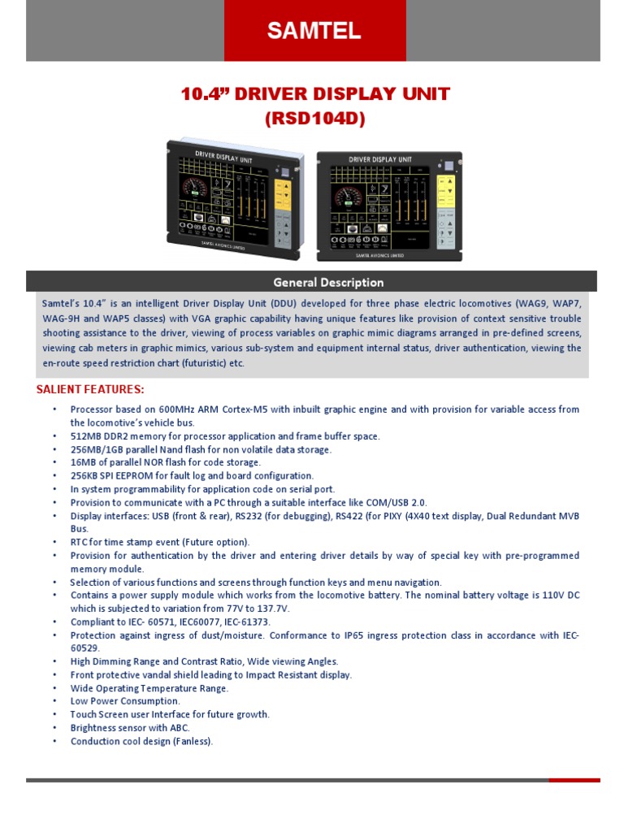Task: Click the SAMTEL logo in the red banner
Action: tap(314, 32)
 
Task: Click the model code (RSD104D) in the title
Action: tap(314, 119)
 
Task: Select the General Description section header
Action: tap(328, 283)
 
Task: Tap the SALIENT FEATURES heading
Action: tap(90, 390)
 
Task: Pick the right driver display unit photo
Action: tap(389, 206)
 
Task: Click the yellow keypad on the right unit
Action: tap(445, 190)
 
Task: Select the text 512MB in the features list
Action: tap(84, 436)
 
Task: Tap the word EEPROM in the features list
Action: tap(131, 476)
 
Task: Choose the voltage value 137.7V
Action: tap(271, 609)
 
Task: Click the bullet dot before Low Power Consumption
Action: tap(54, 701)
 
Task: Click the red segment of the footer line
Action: tap(574, 780)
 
